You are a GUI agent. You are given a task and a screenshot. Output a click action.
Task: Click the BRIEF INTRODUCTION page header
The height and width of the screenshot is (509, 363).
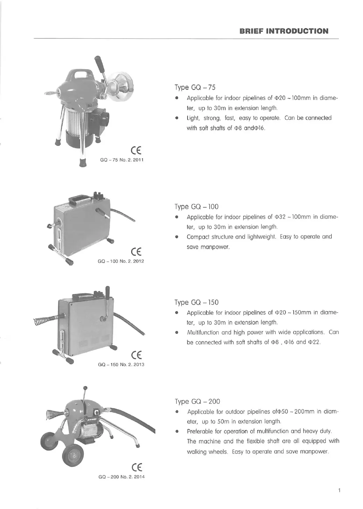[284, 31]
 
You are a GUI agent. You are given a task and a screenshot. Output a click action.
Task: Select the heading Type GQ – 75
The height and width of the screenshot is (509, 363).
[195, 87]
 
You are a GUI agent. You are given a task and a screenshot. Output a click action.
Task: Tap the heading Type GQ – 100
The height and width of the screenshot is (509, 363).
[196, 206]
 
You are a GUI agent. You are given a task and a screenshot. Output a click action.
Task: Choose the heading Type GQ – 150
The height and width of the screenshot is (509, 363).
[196, 302]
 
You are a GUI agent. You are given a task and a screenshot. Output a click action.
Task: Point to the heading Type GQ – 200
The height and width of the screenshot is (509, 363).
[197, 401]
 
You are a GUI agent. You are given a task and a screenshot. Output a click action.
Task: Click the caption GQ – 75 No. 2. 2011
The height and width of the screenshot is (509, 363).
[122, 160]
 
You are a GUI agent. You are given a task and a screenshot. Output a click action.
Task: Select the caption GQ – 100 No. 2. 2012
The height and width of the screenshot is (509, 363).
[121, 261]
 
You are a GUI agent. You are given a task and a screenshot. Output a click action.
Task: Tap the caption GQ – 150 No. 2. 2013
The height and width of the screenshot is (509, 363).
[121, 364]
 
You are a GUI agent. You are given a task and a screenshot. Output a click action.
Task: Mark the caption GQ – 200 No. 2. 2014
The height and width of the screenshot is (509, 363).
[121, 477]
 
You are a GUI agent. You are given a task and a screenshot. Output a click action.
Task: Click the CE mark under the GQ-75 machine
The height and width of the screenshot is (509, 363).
[136, 151]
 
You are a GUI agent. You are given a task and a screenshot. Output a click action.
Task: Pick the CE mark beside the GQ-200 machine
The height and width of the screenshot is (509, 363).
[137, 467]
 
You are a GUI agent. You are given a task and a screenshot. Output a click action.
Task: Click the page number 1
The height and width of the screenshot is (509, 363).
[339, 490]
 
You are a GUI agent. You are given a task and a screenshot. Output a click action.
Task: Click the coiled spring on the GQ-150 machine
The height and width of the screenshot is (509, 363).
[41, 320]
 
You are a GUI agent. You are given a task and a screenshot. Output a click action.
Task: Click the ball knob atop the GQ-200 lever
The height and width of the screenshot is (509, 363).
[85, 388]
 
